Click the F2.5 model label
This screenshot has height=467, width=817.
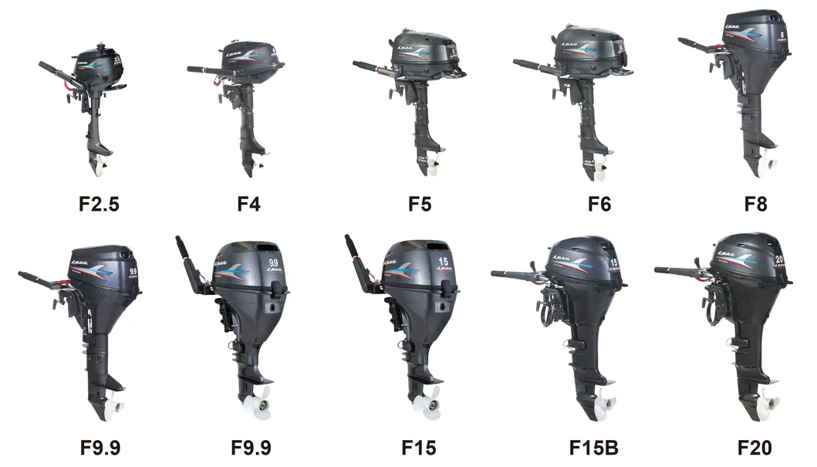pyautogui.click(x=99, y=205)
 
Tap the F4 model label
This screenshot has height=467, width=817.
pyautogui.click(x=249, y=205)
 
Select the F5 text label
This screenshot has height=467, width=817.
pyautogui.click(x=420, y=205)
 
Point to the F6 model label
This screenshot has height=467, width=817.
pyautogui.click(x=599, y=205)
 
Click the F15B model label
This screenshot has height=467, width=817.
pyautogui.click(x=594, y=447)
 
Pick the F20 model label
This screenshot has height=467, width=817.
pyautogui.click(x=754, y=447)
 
